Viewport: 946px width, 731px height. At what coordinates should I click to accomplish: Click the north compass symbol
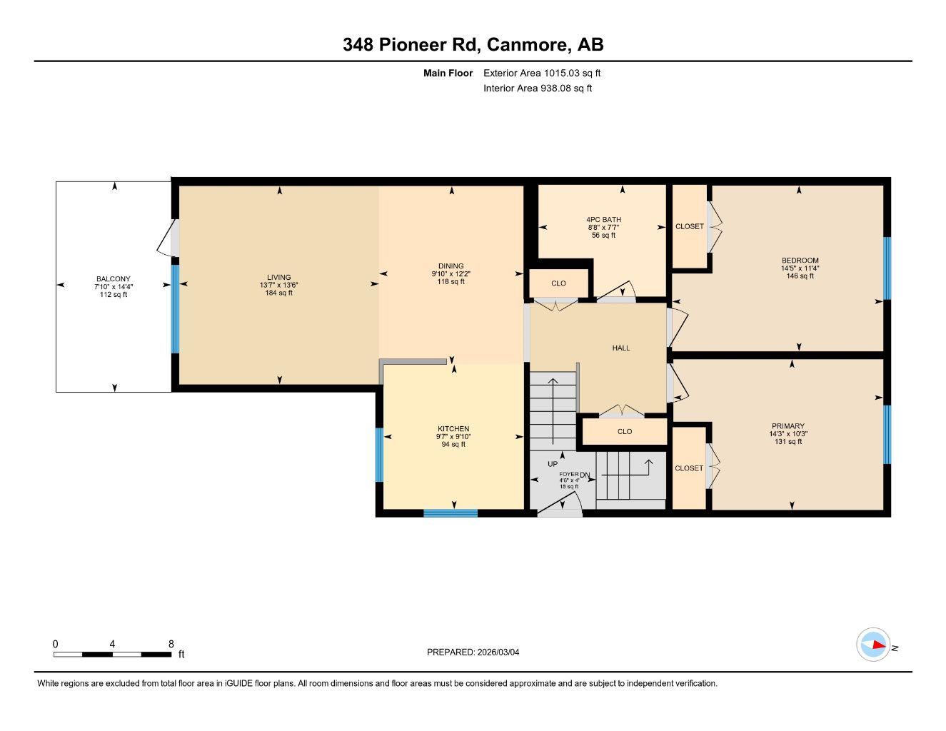tap(873, 645)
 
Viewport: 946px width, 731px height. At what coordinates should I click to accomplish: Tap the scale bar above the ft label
tap(113, 654)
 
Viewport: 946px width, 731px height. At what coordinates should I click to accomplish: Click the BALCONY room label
tap(114, 279)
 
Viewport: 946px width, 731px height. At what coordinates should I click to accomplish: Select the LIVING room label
tap(279, 278)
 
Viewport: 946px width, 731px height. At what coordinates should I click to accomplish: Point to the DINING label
tap(451, 266)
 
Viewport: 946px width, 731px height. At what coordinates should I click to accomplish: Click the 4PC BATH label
tap(603, 220)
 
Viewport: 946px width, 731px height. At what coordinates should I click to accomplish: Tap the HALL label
tap(621, 348)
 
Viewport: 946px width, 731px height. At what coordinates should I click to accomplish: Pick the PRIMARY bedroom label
tap(788, 426)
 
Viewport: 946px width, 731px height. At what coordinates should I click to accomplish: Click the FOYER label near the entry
tap(568, 474)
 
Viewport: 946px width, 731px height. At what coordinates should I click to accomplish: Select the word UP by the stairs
tap(553, 464)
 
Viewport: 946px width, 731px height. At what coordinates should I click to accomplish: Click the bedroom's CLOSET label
tap(690, 226)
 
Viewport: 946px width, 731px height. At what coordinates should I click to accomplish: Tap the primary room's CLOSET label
tap(689, 468)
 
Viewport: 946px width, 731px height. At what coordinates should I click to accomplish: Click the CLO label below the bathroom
tap(559, 283)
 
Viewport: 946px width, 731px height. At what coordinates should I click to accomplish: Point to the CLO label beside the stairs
tap(625, 431)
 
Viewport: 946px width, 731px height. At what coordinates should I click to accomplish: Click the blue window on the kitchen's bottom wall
tap(451, 513)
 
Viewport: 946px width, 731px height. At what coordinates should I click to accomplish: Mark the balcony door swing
tap(166, 238)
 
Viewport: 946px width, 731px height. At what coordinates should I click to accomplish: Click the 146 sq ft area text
tap(800, 276)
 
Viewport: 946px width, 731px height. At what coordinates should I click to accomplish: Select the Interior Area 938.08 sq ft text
tap(538, 89)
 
